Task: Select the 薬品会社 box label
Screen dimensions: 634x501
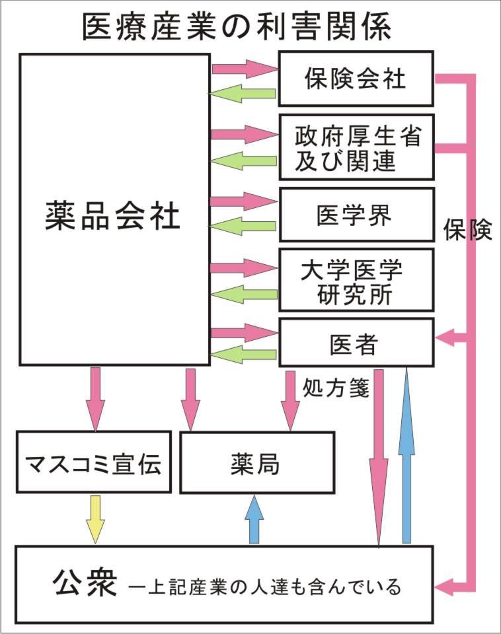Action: tap(113, 215)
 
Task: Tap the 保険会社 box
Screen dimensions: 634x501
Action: tap(356, 79)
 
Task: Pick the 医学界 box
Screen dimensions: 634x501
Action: tap(356, 215)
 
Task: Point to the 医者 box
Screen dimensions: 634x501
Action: tap(356, 343)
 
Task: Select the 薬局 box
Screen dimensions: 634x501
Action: tap(256, 462)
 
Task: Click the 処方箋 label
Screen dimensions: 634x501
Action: tap(335, 386)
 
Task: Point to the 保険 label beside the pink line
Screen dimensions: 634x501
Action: tap(468, 230)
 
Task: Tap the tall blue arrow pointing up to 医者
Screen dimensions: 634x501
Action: tap(406, 456)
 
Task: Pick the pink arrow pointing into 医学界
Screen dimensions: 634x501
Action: tap(243, 201)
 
